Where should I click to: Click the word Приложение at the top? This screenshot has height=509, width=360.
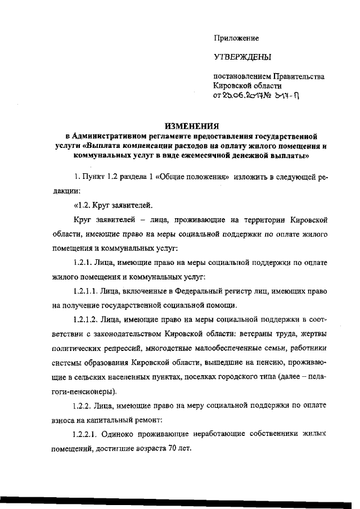[x=236, y=38]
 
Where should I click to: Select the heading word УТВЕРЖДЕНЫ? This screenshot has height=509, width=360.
[x=242, y=57]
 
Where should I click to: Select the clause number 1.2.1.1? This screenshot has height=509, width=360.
[x=88, y=291]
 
